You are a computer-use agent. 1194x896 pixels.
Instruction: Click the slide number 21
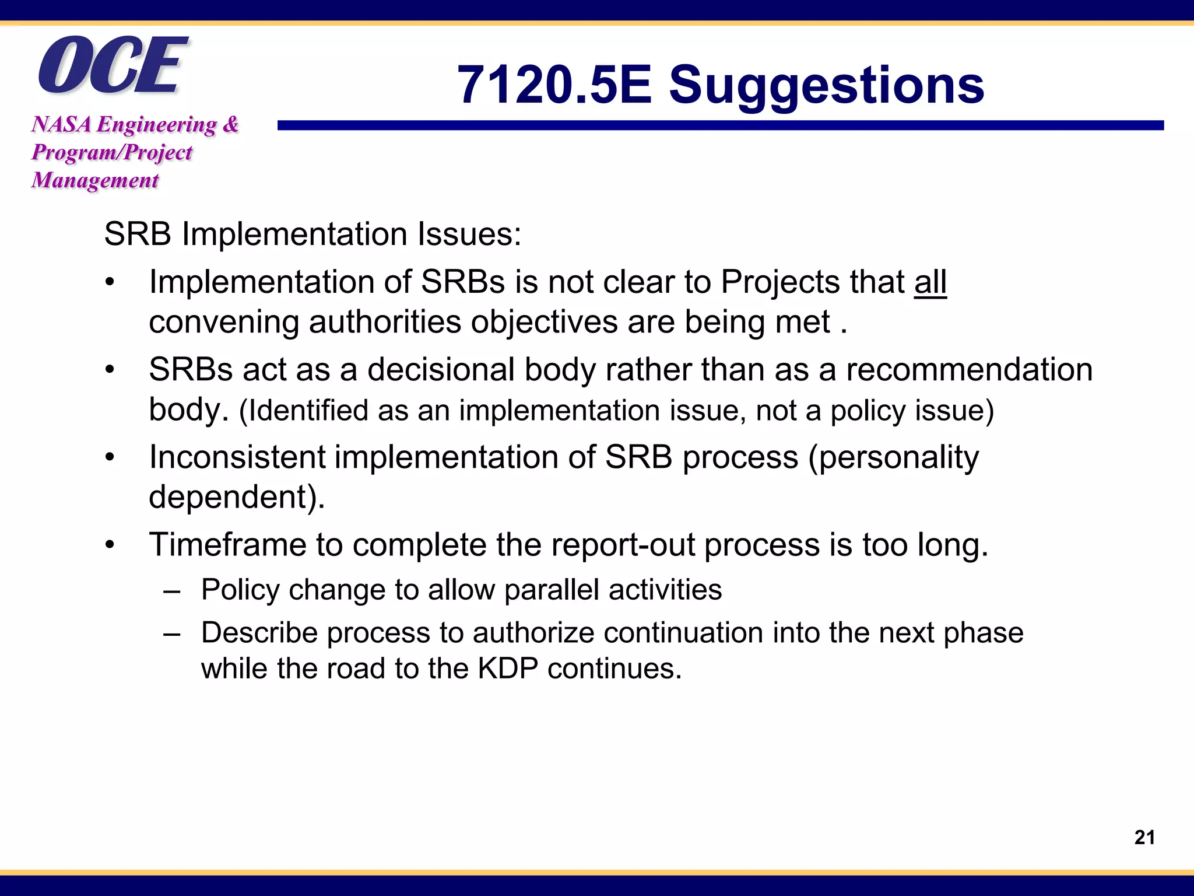tap(1144, 838)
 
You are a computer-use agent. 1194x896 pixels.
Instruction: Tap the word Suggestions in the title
tap(826, 85)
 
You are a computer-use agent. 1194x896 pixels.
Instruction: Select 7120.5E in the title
tap(554, 85)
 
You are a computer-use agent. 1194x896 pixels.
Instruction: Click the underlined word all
tap(930, 282)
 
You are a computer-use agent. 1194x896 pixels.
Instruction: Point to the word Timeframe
tap(227, 545)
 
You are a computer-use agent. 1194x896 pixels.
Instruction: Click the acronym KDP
tap(508, 668)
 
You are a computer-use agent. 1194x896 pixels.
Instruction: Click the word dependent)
tap(237, 498)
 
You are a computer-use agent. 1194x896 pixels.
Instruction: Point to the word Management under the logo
tap(95, 180)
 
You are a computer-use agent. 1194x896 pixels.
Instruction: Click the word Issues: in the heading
tap(469, 235)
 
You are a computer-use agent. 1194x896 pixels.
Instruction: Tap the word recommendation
tap(969, 370)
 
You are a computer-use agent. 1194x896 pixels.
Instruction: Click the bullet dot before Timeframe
tap(110, 545)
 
